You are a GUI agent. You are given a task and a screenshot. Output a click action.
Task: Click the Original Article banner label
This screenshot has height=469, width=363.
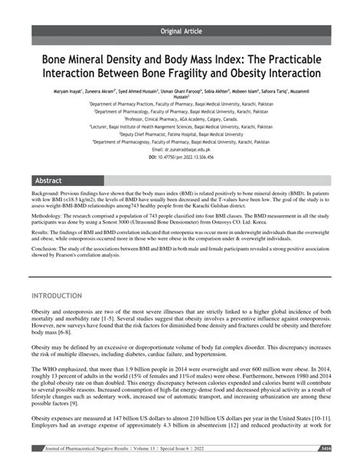181,31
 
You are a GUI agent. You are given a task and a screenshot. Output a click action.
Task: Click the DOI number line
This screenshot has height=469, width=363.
181,157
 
